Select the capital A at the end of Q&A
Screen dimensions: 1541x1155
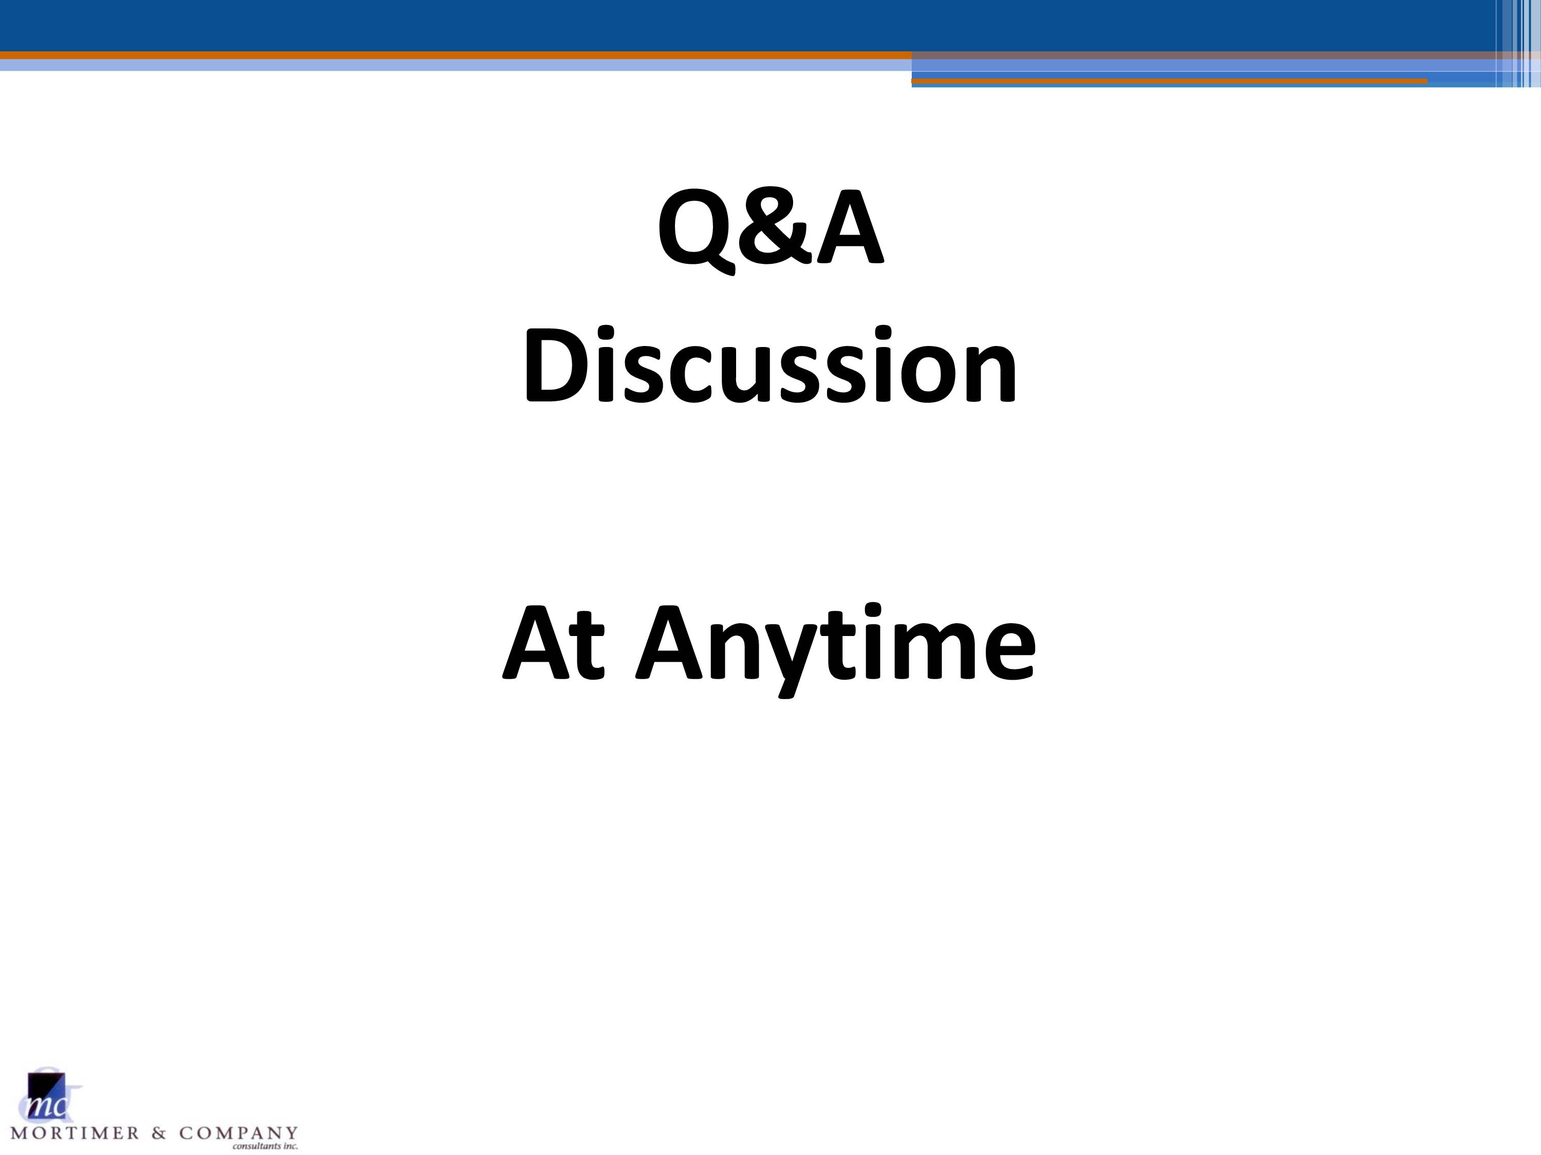pyautogui.click(x=851, y=227)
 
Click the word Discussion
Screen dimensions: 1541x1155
pyautogui.click(x=770, y=365)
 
